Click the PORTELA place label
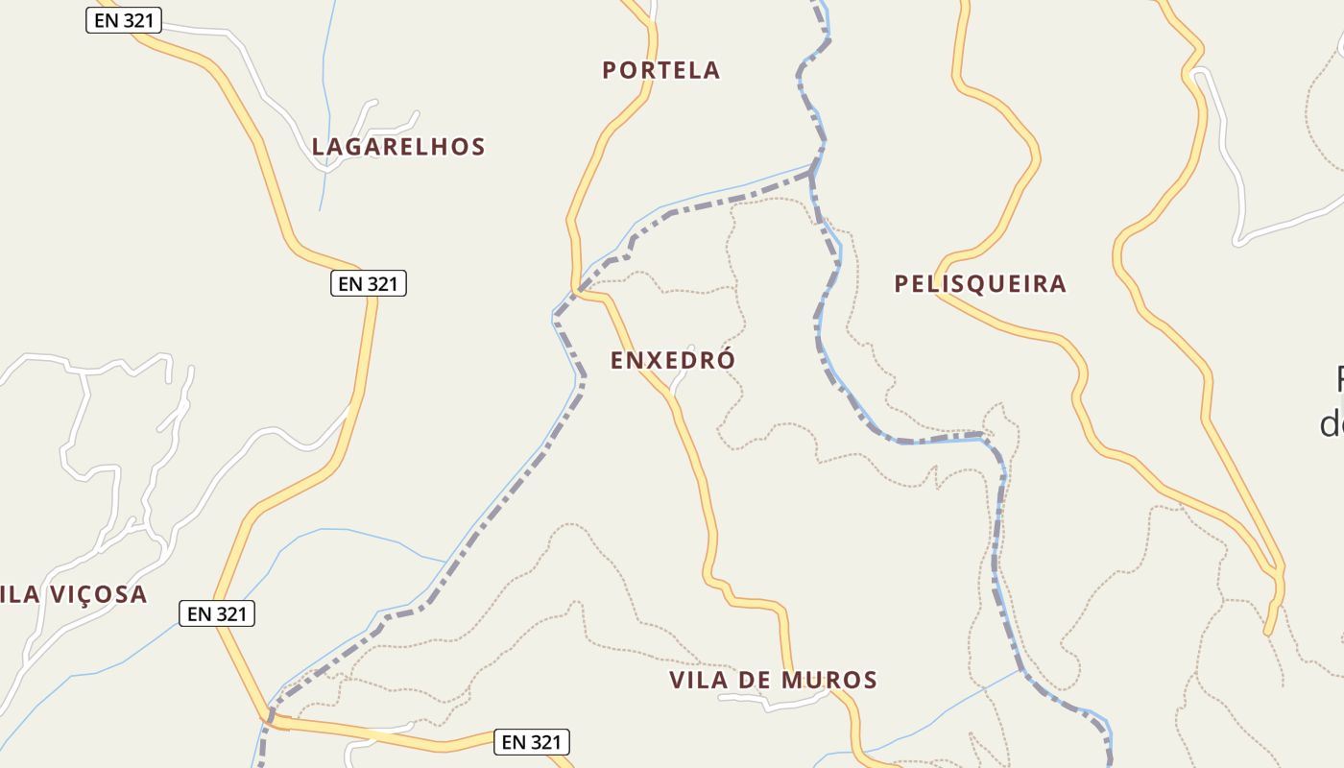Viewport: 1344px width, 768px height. pos(660,70)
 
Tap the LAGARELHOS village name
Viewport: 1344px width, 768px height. pos(398,147)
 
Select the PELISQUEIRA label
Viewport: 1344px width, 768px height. pos(980,284)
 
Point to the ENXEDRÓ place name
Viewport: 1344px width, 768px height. pos(672,360)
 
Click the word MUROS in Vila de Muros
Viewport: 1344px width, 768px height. pos(829,681)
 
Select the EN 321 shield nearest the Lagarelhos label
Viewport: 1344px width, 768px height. pos(369,283)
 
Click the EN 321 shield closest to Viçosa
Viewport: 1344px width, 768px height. pos(217,613)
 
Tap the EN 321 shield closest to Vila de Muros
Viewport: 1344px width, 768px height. pos(532,742)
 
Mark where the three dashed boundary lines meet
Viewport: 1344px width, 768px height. pos(812,174)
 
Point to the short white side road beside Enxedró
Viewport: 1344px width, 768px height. pos(682,381)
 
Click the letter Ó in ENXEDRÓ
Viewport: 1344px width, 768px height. pos(727,359)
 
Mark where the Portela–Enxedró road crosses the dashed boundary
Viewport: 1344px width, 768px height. pos(579,289)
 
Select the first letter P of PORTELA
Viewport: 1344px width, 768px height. pos(609,70)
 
